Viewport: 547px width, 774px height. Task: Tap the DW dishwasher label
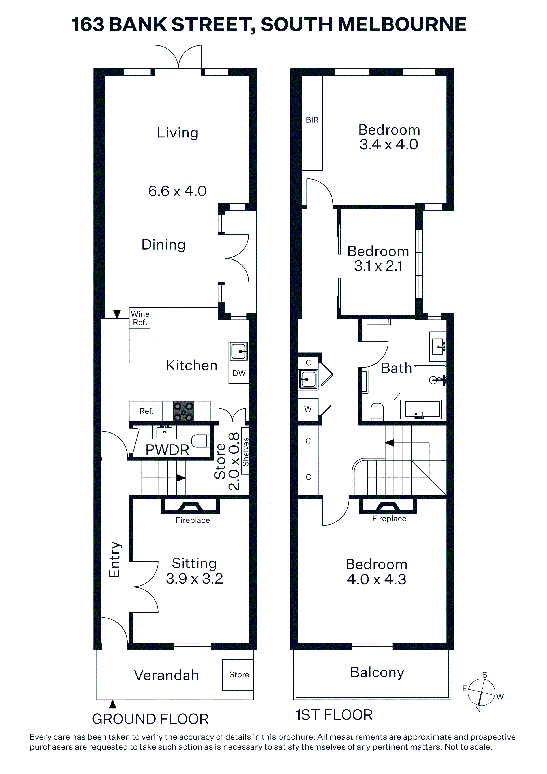tap(239, 373)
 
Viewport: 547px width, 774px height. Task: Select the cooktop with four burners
tap(184, 411)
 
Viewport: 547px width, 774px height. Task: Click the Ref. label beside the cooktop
tap(146, 411)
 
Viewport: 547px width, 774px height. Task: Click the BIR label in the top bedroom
tap(312, 120)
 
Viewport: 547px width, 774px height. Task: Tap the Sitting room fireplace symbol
tap(190, 506)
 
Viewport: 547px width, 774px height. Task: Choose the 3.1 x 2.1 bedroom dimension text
tap(378, 266)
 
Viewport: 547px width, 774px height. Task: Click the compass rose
tap(482, 692)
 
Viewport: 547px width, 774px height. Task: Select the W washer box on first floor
tap(308, 409)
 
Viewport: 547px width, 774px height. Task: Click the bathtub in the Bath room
tap(423, 410)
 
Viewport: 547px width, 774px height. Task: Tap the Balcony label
tap(377, 672)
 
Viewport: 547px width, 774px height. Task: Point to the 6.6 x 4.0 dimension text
tap(177, 191)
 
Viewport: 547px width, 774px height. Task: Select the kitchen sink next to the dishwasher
tap(239, 352)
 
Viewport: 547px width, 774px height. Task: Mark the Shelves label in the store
tap(246, 452)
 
